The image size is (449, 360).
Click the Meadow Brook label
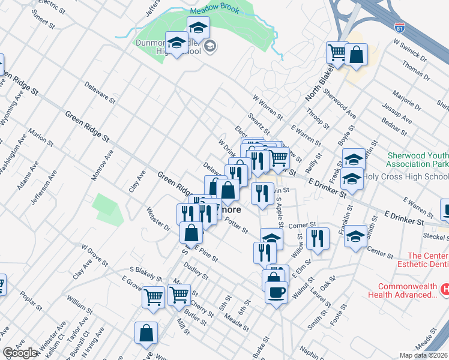coord(215,11)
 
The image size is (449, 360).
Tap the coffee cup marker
coord(276,292)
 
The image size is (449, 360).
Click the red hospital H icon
coord(445,289)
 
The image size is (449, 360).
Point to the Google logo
coord(20,353)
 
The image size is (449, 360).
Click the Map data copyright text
coord(424,355)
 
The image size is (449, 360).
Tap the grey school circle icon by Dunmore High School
coord(210,46)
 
